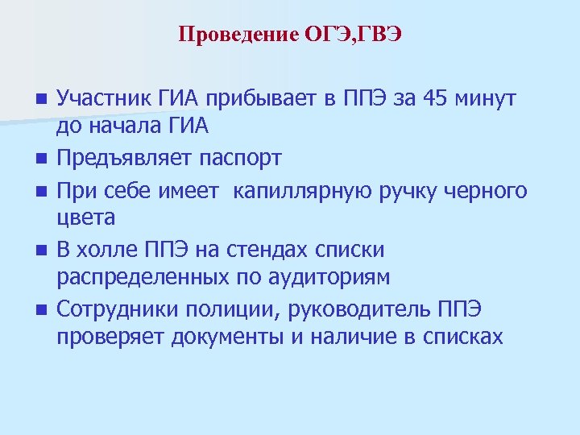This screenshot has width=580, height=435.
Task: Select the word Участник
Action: (105, 99)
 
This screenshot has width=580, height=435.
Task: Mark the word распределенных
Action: (139, 278)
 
